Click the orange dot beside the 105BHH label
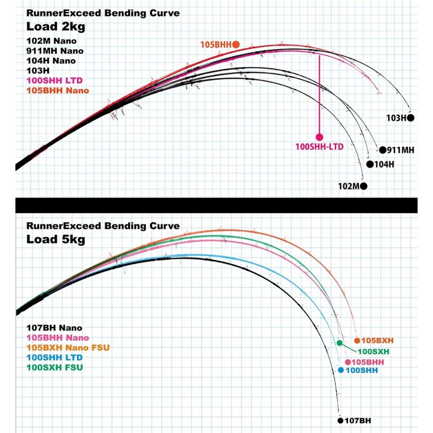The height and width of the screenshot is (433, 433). (236, 44)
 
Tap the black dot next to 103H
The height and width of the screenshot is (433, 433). (410, 117)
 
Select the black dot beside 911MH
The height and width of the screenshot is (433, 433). (383, 150)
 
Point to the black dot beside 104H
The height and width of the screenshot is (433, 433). (369, 164)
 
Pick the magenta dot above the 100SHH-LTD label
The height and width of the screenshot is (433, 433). (318, 136)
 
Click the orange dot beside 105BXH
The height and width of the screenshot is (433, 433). (357, 341)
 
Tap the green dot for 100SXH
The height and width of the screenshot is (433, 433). (340, 343)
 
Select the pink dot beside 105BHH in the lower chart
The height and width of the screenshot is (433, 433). (348, 362)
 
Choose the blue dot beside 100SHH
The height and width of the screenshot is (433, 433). (341, 370)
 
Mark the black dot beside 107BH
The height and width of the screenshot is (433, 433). (340, 420)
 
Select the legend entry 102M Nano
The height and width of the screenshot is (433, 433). (51, 41)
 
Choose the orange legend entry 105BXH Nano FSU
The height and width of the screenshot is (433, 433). (65, 348)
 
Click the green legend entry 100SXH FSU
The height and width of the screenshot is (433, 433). (55, 368)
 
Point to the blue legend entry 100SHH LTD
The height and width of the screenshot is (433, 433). (55, 357)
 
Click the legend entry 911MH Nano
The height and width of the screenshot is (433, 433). (55, 51)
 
